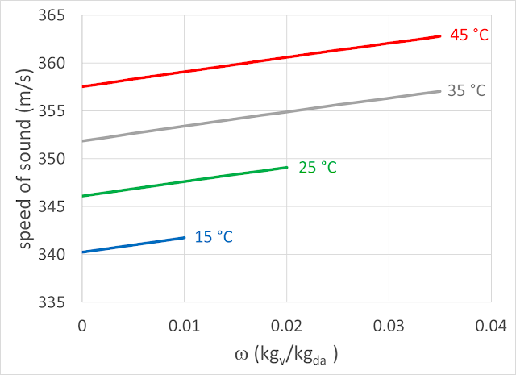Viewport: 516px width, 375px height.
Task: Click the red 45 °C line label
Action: pos(468,35)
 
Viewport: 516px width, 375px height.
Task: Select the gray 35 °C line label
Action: pos(467,91)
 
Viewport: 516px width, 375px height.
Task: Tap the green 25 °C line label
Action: pos(318,168)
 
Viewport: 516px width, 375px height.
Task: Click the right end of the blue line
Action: pos(185,237)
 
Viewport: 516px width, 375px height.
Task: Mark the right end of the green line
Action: pos(287,167)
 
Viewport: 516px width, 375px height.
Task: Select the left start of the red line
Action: pos(83,86)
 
